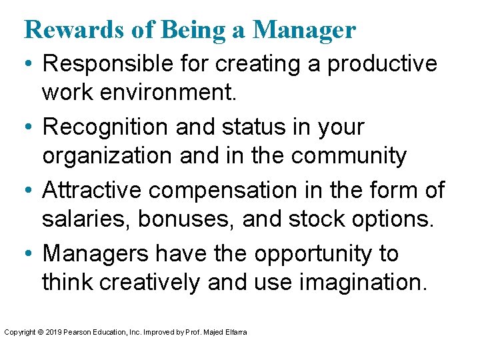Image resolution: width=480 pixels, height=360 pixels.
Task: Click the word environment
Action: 168,92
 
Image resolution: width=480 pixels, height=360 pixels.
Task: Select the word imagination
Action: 361,282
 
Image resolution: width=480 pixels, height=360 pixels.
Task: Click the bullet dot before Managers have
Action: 29,254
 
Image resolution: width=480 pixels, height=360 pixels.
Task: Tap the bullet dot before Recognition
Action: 29,127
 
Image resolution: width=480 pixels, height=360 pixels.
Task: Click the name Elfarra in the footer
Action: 235,331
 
